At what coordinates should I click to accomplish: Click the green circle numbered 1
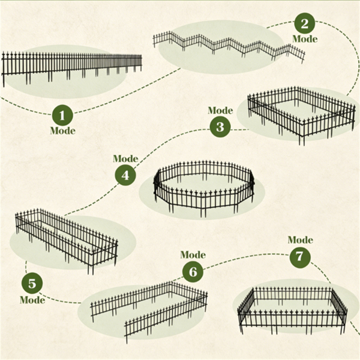(x=62, y=115)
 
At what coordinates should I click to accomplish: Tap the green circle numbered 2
(x=305, y=23)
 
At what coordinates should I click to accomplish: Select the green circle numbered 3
(x=220, y=127)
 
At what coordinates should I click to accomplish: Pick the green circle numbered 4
(x=125, y=175)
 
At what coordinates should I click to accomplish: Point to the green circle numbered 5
(x=32, y=283)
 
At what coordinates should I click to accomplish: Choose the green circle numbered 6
(x=193, y=272)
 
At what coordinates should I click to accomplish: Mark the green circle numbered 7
(x=300, y=257)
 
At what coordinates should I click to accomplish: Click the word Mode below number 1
(x=62, y=131)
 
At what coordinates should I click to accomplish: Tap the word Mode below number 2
(x=305, y=39)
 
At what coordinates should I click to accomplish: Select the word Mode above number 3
(x=220, y=110)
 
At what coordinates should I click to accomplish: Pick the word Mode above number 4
(x=125, y=158)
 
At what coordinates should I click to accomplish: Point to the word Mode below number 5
(x=32, y=300)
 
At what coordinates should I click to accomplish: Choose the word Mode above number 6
(x=193, y=255)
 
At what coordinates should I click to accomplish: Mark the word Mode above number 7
(x=301, y=240)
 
